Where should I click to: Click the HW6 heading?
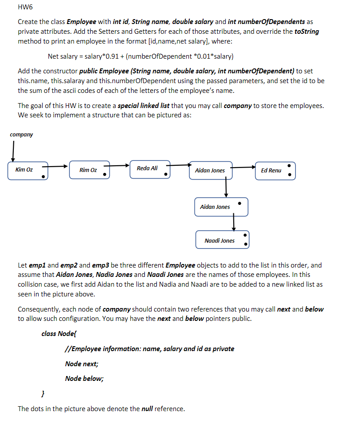pos(25,8)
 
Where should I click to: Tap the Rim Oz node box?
pos(89,171)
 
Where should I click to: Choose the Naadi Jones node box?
pos(223,240)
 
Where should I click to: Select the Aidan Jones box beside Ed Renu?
pos(211,171)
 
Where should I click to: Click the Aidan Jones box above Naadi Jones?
pos(221,207)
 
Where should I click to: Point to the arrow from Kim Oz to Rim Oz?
pos(58,167)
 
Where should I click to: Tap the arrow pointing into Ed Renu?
pos(244,168)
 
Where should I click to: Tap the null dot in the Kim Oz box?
pos(43,176)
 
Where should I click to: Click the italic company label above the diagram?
pos(21,134)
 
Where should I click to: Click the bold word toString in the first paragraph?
pos(307,32)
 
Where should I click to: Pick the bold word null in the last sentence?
pos(147,409)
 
